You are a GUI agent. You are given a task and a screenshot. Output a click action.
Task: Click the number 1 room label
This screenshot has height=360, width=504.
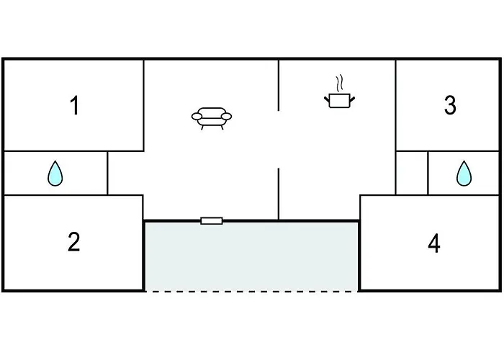click(x=75, y=105)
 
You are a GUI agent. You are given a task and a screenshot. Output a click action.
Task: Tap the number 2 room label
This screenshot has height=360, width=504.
click(x=74, y=242)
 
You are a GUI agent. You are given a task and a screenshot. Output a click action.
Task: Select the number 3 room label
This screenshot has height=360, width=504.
click(x=450, y=105)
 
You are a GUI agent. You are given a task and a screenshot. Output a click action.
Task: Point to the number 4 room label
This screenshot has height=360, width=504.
click(x=434, y=243)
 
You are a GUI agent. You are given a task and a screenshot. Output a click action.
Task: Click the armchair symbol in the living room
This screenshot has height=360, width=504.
click(x=212, y=118)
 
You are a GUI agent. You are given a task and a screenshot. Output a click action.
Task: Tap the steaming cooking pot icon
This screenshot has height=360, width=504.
click(x=339, y=92)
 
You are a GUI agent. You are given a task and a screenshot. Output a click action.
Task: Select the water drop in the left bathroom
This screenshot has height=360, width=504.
click(x=55, y=174)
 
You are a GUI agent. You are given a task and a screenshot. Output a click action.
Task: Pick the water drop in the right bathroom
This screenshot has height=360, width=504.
click(x=464, y=174)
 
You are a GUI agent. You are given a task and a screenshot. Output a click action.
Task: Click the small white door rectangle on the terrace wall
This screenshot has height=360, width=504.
click(x=212, y=221)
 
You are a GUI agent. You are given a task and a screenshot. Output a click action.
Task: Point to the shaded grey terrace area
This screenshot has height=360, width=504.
click(x=251, y=256)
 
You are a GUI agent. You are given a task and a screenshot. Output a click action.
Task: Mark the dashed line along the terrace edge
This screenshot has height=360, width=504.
click(x=251, y=291)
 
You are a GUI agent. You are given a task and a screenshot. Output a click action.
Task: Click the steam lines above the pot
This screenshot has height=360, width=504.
click(x=339, y=84)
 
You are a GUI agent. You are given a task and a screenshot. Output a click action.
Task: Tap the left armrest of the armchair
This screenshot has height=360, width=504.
click(x=197, y=117)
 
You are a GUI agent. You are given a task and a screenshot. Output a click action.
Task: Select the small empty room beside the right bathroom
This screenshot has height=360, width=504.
click(x=412, y=173)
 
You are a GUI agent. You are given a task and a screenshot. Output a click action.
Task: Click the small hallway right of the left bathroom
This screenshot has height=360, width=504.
click(x=126, y=173)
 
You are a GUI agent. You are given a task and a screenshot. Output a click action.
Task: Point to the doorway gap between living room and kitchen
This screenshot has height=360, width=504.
click(x=279, y=140)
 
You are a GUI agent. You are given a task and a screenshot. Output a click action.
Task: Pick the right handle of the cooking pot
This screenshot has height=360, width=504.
click(x=352, y=99)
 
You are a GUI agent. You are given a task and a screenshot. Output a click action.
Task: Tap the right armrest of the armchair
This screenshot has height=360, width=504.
click(x=226, y=117)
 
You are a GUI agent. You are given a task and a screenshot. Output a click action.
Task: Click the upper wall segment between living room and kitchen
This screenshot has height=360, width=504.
click(x=279, y=86)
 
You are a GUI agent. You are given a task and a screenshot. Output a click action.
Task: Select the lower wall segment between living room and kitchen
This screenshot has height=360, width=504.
click(x=279, y=194)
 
